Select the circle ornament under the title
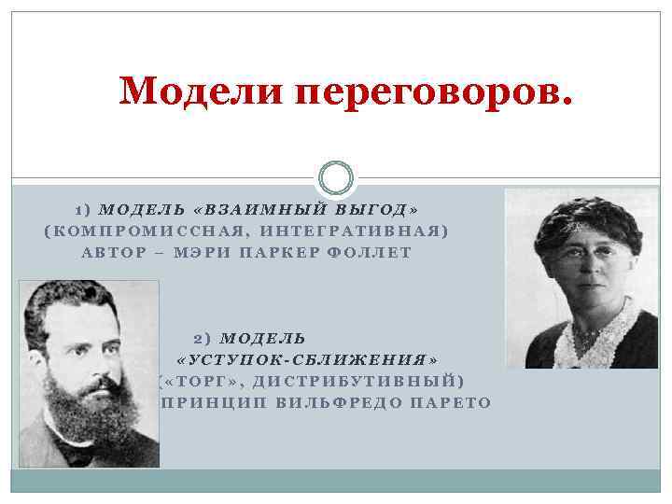pos(336,177)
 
